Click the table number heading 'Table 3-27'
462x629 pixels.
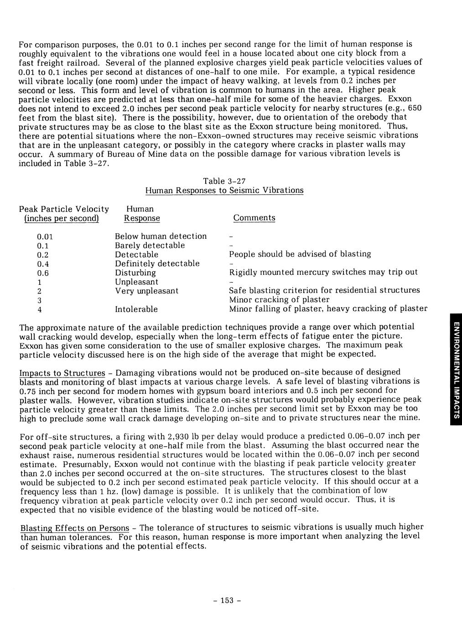tap(224, 181)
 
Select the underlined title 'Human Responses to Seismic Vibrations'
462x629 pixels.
tap(224, 190)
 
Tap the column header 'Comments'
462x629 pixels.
tap(254, 218)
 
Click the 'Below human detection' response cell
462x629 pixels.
tap(161, 236)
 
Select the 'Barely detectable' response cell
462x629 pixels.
tap(150, 245)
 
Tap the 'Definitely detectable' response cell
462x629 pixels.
tap(157, 263)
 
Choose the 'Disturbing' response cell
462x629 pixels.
tap(135, 273)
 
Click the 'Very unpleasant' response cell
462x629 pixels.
tap(146, 291)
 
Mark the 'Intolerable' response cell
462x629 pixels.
tap(136, 309)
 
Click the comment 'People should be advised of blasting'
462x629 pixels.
tap(300, 254)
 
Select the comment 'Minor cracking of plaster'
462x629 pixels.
tap(279, 299)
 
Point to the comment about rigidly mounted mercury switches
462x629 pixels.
tap(323, 272)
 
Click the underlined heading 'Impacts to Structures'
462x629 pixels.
tap(62, 373)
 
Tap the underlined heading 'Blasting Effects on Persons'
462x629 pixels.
tap(75, 528)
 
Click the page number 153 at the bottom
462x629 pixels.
tap(227, 600)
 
